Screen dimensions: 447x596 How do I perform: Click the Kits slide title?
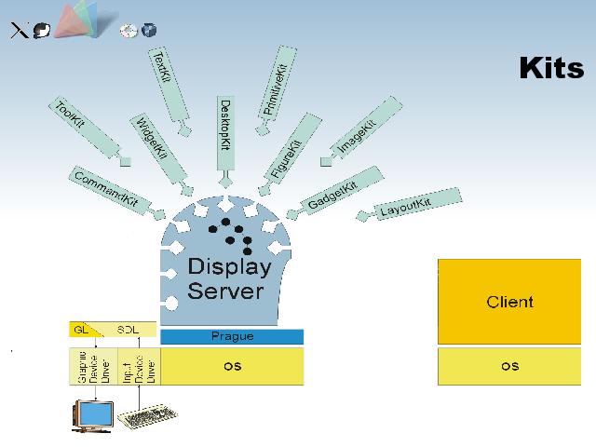(551, 68)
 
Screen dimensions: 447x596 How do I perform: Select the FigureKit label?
(287, 148)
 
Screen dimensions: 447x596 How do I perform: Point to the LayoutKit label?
(406, 207)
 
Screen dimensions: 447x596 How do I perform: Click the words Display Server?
(229, 278)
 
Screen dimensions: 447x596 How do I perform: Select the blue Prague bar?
(232, 336)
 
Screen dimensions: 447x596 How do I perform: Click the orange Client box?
(510, 302)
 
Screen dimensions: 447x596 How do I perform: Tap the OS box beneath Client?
(510, 366)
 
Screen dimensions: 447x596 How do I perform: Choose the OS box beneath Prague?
(232, 366)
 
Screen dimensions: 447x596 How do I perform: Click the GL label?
(81, 330)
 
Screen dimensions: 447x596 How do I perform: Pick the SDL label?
(128, 330)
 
